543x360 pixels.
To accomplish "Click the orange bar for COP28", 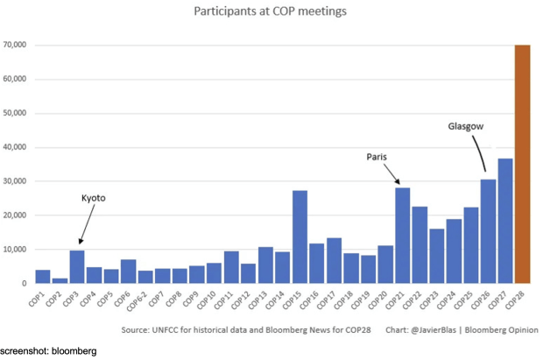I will (x=521, y=164).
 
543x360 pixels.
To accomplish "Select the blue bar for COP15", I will (x=300, y=236).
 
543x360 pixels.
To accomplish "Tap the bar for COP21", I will (x=402, y=235).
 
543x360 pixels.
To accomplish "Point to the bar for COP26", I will (x=488, y=231).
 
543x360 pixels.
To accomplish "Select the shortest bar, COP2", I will (x=60, y=280).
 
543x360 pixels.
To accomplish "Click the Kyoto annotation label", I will (x=93, y=199).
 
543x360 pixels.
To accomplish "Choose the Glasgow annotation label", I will (x=466, y=126).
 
